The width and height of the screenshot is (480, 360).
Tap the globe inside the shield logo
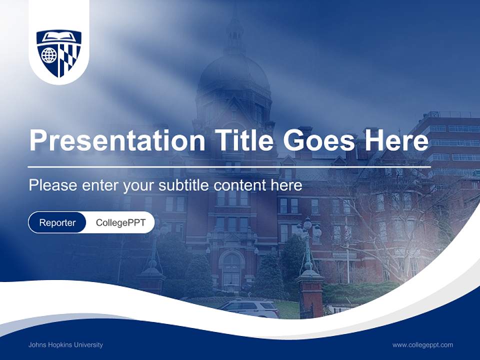point(49,55)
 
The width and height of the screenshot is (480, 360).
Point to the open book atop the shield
point(59,37)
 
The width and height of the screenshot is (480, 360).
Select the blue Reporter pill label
point(57,222)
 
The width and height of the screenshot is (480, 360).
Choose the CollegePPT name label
point(120,222)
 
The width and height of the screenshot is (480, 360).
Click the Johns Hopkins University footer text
point(65,345)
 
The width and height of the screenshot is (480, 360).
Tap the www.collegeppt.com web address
point(422,345)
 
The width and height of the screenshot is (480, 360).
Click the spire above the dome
point(234,30)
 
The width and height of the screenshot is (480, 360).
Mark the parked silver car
point(249,308)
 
